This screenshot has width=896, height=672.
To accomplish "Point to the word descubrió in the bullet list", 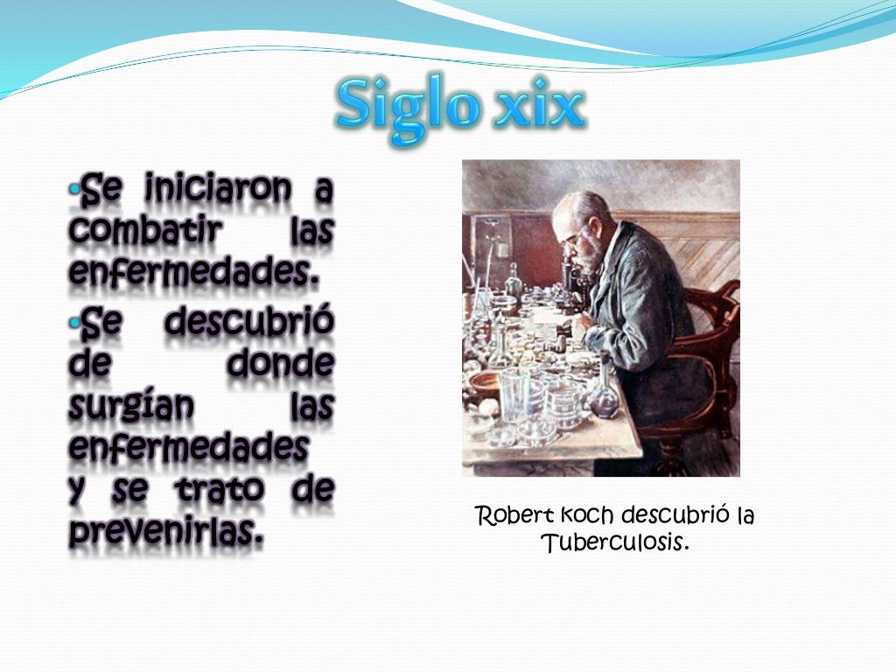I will (x=248, y=322).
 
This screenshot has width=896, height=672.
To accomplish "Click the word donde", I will (x=281, y=363).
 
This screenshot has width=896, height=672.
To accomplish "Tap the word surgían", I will (x=130, y=407).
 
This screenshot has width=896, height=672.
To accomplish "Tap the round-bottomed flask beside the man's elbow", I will (x=604, y=398).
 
